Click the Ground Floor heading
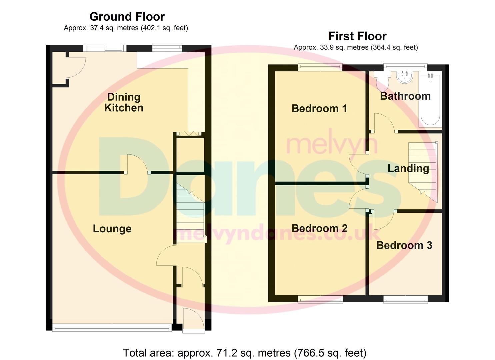[x=127, y=17]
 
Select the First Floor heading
[x=357, y=36]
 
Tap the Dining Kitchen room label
[x=124, y=102]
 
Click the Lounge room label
[x=112, y=229]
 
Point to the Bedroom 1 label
[x=319, y=108]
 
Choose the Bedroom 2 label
[x=319, y=228]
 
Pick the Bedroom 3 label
[x=404, y=245]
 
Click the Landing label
[x=408, y=168]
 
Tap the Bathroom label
[x=405, y=96]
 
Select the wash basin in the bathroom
[x=405, y=77]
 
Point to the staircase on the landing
[x=423, y=170]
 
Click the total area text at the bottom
[x=245, y=353]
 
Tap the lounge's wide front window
[x=112, y=328]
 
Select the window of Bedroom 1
[x=320, y=67]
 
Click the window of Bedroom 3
[x=405, y=300]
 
